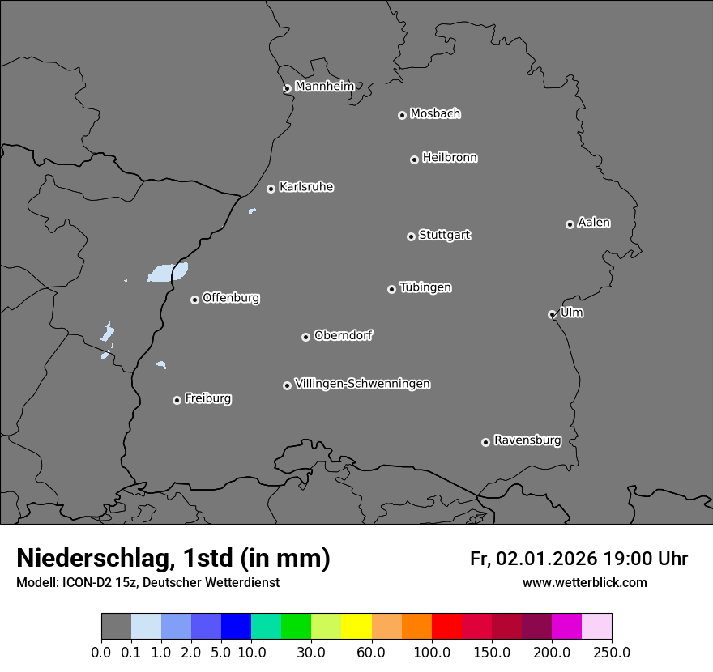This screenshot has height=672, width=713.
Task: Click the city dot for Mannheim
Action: (287, 89)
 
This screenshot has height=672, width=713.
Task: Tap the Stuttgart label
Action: (444, 235)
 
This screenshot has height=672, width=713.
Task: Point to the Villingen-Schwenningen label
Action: (362, 384)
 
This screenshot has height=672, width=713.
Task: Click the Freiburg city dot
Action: (177, 400)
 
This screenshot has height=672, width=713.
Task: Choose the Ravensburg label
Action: (527, 440)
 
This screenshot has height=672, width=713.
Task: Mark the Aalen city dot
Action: (570, 224)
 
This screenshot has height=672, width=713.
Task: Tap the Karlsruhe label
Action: (306, 187)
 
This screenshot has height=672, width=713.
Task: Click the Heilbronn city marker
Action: (414, 159)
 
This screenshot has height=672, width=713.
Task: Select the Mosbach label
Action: (435, 114)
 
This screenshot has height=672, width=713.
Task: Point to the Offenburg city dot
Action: (194, 300)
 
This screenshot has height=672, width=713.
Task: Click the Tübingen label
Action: (425, 287)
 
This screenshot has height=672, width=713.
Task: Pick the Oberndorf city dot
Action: (305, 337)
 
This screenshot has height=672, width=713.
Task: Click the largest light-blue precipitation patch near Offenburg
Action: (168, 273)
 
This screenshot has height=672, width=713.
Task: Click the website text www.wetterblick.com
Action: (584, 582)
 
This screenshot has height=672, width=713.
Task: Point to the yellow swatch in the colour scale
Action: (356, 627)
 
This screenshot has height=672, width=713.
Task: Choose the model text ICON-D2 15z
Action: (96, 582)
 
